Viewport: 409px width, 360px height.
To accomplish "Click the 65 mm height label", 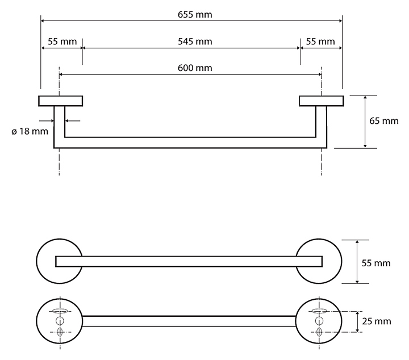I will pos(383,121).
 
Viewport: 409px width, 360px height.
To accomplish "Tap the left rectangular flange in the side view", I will pos(61,101).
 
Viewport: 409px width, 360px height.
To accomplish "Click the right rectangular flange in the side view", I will pos(321,101).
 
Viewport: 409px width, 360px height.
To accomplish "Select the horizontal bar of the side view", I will pos(190,143).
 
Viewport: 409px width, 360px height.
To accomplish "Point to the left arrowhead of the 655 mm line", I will pos(44,22).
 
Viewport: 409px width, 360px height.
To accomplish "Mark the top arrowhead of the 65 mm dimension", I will pos(364,98).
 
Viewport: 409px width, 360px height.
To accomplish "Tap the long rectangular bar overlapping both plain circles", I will pos(189,261).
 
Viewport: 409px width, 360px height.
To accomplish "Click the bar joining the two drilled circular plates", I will pos(189,321).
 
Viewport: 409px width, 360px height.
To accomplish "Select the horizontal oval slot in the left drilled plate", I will pos(60,311).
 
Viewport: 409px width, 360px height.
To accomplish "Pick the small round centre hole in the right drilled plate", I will pos(319,321).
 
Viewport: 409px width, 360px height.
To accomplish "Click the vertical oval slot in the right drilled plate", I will pos(319,332).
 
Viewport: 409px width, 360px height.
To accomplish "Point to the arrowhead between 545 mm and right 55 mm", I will pos(299,48).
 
